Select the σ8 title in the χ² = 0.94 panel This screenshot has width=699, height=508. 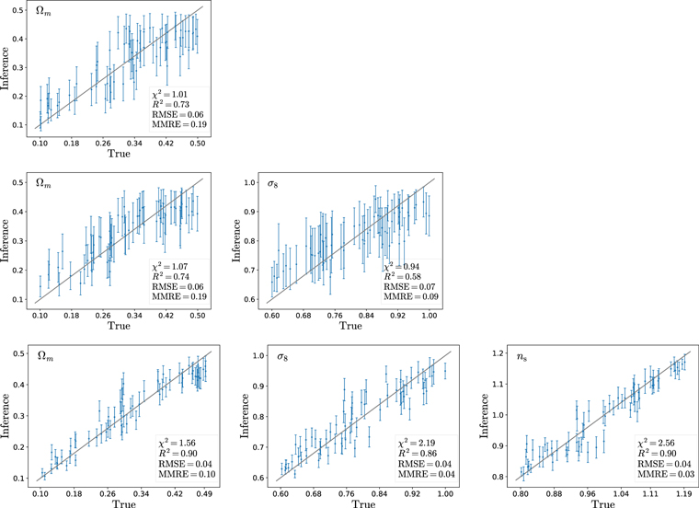[272, 184]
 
